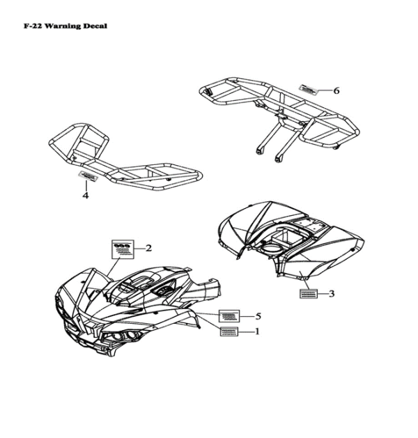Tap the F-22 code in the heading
[x=33, y=26]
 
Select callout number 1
[x=257, y=331]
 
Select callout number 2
[x=148, y=248]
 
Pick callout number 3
[x=332, y=294]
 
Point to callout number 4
[x=86, y=195]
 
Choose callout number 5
[x=258, y=316]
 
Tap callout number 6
[x=336, y=91]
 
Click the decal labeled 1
[x=229, y=331]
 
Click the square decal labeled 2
[x=123, y=249]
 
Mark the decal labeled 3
[x=309, y=294]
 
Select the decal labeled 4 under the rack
[x=88, y=175]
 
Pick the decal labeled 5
[x=229, y=316]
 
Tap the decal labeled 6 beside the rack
[x=309, y=90]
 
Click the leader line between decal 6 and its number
[x=325, y=91]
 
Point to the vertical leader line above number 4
[x=86, y=186]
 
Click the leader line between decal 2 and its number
[x=139, y=249]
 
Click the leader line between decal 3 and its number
[x=322, y=294]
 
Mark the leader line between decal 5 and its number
[x=247, y=316]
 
